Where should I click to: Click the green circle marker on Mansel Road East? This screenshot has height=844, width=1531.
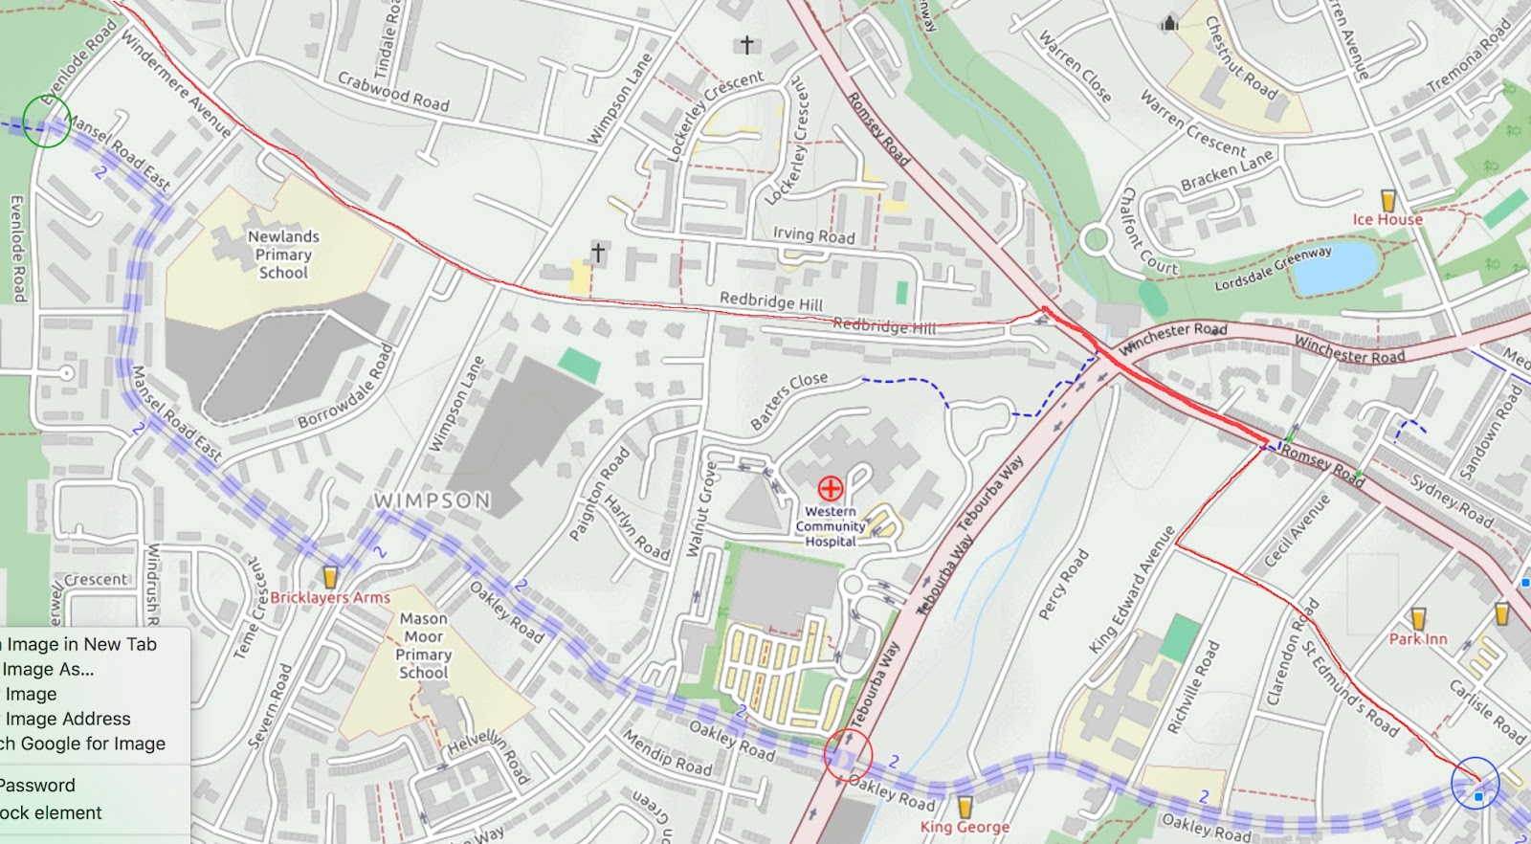46,122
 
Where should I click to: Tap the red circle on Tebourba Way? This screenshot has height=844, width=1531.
848,754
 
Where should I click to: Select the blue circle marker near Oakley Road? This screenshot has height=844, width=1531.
1475,782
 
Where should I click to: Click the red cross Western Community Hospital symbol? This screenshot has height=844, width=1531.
830,489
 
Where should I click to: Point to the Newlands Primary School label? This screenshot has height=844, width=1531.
283,255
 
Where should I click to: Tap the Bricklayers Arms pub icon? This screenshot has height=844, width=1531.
330,577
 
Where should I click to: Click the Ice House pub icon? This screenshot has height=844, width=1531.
1388,200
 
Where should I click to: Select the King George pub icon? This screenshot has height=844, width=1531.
965,807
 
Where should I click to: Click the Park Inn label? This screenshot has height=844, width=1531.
1418,639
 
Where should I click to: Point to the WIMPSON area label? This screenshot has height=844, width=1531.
432,500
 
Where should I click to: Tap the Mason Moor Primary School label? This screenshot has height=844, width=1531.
423,646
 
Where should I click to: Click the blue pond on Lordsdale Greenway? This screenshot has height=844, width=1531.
1334,267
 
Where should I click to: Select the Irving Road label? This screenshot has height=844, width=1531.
813,234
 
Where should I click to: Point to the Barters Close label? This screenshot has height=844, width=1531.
788,401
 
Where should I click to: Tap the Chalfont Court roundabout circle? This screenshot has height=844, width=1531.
1096,238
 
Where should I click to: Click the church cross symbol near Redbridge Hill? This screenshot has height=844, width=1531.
598,252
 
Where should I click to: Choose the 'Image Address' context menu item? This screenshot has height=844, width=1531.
68,719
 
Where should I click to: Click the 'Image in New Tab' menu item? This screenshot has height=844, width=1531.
81,644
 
